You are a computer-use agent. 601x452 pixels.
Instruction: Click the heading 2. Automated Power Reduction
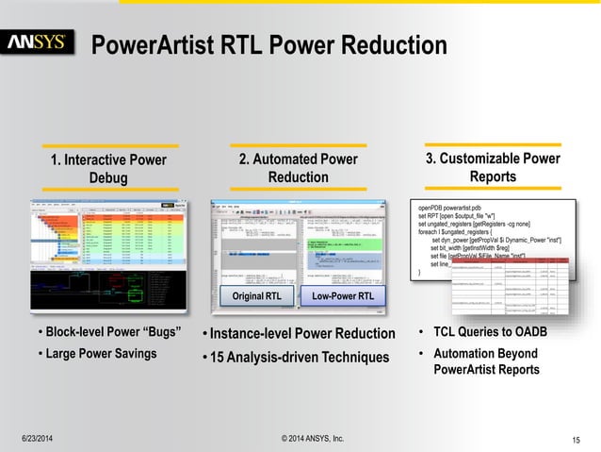tap(299, 168)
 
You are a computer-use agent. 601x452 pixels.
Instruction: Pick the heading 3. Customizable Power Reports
tap(493, 168)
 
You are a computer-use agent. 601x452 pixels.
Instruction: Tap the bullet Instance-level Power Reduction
tap(302, 333)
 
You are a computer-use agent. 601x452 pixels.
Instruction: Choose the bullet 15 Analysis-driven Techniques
tap(300, 357)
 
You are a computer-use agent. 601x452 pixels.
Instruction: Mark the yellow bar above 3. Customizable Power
tap(493, 145)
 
